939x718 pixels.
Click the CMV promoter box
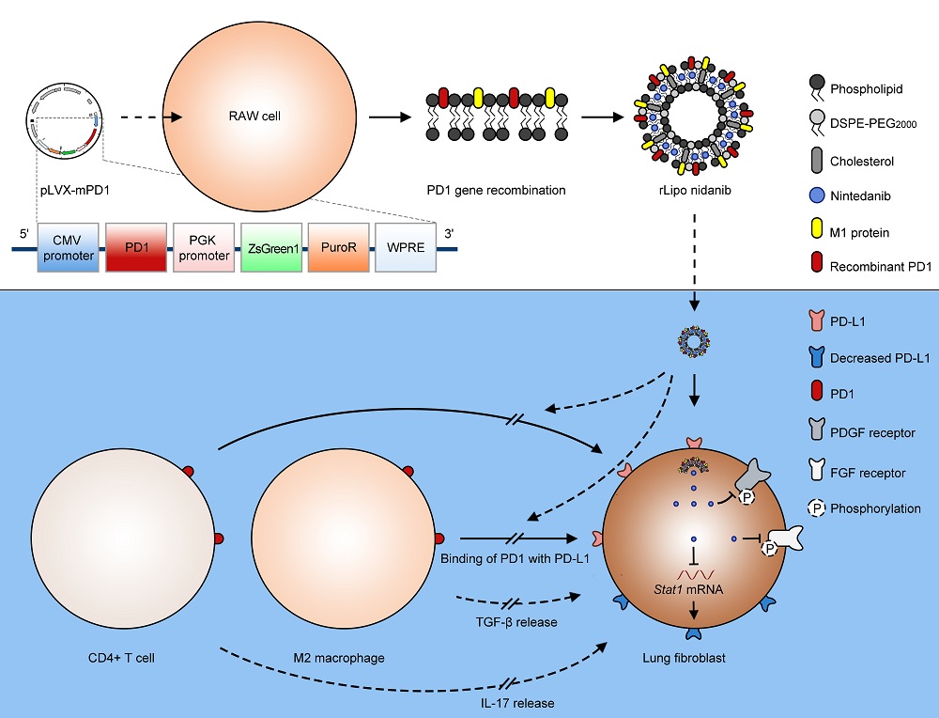tap(68, 248)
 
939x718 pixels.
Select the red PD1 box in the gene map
tap(136, 248)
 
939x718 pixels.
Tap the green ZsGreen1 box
tap(270, 248)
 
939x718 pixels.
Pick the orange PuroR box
tap(338, 248)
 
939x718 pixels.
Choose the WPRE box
tap(406, 248)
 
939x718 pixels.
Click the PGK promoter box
tap(203, 248)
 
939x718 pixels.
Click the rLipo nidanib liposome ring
tap(695, 117)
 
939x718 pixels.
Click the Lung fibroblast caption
tap(694, 658)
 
